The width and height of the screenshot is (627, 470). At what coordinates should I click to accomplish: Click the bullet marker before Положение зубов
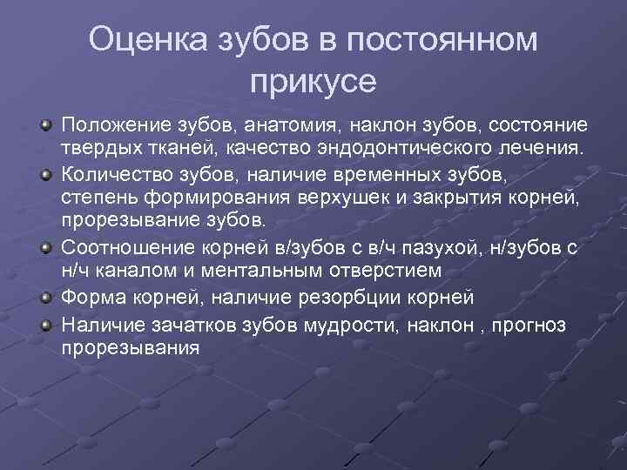pos(45,128)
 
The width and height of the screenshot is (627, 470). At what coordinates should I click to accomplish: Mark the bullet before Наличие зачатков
pos(45,326)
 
